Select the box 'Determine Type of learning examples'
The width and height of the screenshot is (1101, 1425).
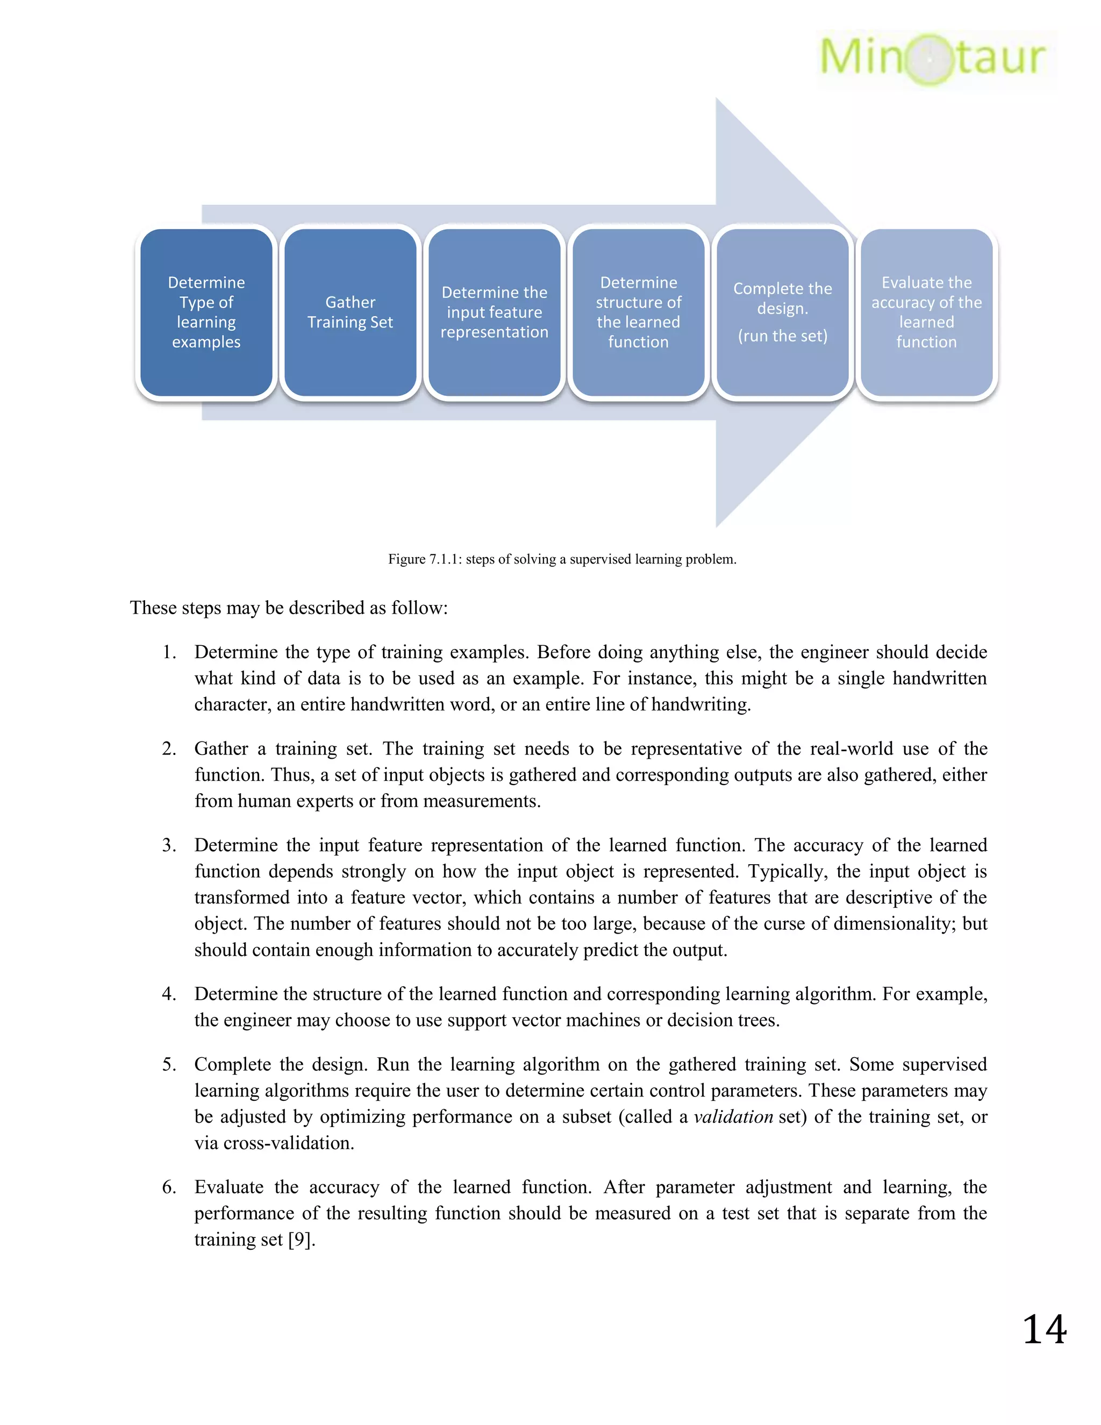click(206, 312)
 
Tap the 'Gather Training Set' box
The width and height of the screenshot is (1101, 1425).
click(351, 312)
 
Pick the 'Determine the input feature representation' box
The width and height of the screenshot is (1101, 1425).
click(495, 312)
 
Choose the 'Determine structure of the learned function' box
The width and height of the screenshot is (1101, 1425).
click(639, 312)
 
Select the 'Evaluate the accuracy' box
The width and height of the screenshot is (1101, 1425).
click(927, 312)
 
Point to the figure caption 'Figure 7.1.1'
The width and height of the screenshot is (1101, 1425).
click(562, 559)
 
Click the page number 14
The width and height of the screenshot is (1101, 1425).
click(1044, 1330)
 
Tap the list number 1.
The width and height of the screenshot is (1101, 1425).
click(169, 652)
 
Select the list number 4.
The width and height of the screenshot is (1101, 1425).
click(169, 994)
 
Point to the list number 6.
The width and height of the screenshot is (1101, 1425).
click(169, 1187)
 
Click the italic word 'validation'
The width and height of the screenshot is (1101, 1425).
click(733, 1117)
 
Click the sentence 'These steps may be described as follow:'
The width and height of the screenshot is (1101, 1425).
click(289, 608)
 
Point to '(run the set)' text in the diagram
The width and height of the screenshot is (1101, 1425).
click(783, 336)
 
